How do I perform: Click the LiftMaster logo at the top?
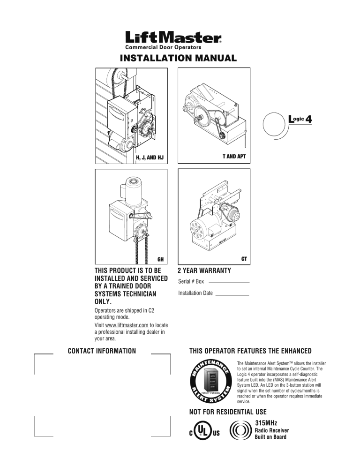click(173, 38)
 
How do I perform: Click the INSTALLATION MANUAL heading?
click(179, 58)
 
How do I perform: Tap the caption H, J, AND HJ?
click(150, 158)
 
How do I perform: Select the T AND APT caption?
click(234, 156)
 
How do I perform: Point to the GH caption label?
click(160, 259)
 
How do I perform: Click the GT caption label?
click(244, 259)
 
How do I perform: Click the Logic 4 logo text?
click(300, 119)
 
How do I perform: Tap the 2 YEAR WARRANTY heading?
click(204, 271)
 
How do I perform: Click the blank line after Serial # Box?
click(229, 283)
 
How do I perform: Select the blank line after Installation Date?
click(232, 295)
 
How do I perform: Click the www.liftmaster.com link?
click(127, 325)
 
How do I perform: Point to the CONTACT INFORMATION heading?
click(102, 351)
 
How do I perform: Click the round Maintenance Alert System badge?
click(211, 381)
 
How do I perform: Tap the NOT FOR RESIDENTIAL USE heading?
click(228, 412)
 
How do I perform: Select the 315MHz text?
click(266, 423)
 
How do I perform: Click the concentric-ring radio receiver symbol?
click(240, 430)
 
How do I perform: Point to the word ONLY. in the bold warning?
click(103, 301)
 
